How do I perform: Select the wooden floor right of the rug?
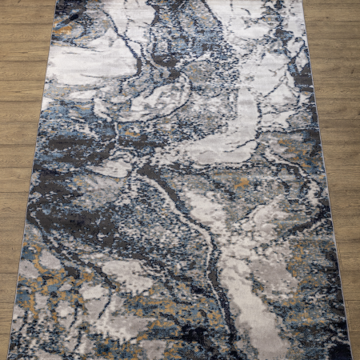pyautogui.click(x=340, y=160)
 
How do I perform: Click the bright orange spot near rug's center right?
pyautogui.click(x=242, y=183)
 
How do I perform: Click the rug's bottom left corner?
pyautogui.click(x=11, y=355)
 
